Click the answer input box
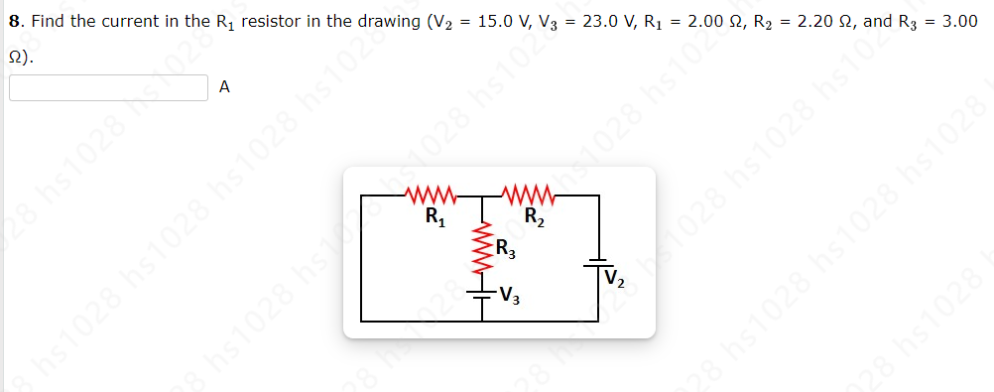click(108, 88)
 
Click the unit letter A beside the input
click(224, 88)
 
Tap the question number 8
click(13, 21)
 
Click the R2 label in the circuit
click(533, 216)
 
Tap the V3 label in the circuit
click(508, 294)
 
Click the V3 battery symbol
click(483, 292)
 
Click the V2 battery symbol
click(599, 262)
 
